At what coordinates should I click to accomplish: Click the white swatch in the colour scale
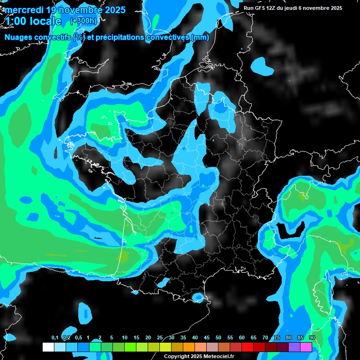coord(48,347)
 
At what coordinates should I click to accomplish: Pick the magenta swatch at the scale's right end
coord(306,347)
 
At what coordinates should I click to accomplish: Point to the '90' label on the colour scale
coord(312,338)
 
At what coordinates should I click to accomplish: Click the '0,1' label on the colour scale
coord(54,338)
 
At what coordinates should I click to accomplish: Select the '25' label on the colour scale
coord(160,338)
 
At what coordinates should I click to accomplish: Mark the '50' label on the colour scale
coord(218,338)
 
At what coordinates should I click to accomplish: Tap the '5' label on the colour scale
coord(112,338)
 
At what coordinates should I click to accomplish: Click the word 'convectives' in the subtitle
coord(168,37)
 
